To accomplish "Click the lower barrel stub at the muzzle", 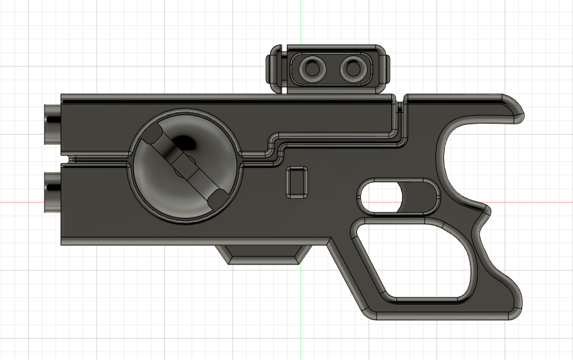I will pos(52,192).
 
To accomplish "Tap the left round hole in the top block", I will pos(314,67).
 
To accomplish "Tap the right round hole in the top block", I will pos(352,66).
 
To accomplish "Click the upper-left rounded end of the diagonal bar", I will pos(153,137).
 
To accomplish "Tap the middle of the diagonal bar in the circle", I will pos(185,167).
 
